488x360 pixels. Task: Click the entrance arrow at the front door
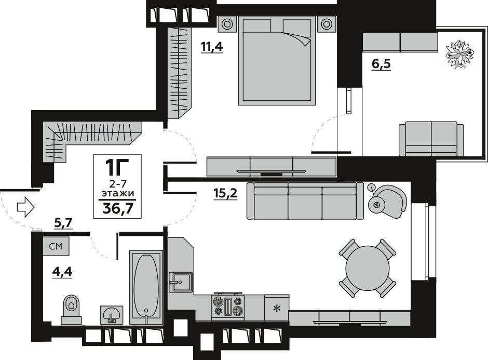[25, 207]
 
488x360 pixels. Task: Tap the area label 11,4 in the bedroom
[212, 47]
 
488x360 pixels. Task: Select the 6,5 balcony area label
[381, 64]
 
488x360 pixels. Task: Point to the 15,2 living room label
[225, 193]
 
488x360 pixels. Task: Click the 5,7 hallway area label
[63, 223]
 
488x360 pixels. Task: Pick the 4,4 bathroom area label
[62, 272]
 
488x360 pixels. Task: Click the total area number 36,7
[118, 208]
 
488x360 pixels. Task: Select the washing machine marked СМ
[56, 247]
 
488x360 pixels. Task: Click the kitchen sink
[181, 282]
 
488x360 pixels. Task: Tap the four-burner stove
[228, 306]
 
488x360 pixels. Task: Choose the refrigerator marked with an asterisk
[277, 308]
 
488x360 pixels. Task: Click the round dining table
[367, 268]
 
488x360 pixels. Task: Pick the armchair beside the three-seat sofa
[387, 202]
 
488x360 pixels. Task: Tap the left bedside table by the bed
[227, 24]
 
